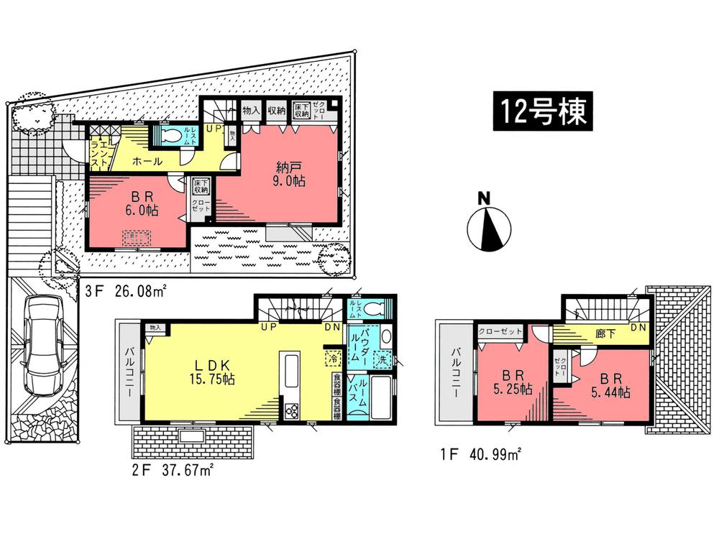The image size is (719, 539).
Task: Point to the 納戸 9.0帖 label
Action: click(x=290, y=175)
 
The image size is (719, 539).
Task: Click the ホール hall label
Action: click(x=146, y=162)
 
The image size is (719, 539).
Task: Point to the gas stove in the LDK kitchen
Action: click(x=293, y=411)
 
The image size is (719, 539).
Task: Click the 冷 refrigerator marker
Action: click(x=333, y=357)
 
